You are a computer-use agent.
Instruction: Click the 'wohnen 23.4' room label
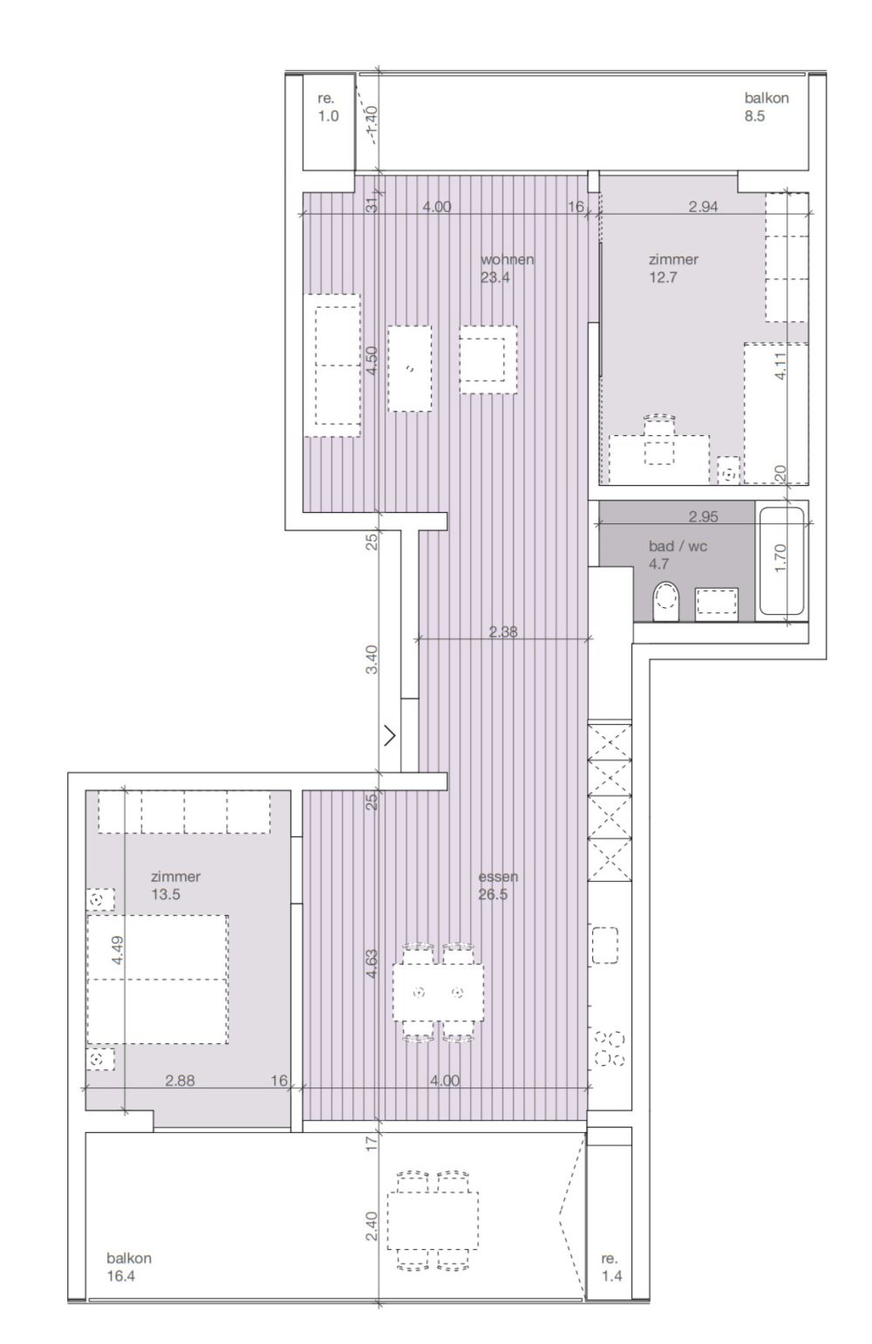(x=506, y=269)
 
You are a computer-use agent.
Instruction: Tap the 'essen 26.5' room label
(x=494, y=885)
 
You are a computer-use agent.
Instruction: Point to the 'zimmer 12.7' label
(x=673, y=269)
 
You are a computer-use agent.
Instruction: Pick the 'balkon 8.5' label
(x=766, y=107)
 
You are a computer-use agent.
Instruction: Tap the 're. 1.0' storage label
(x=327, y=107)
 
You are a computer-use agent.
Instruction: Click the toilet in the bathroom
(x=666, y=602)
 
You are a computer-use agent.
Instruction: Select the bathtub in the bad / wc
(x=782, y=560)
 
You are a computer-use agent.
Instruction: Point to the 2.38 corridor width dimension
(x=503, y=633)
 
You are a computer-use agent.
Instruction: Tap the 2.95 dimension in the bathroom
(x=703, y=516)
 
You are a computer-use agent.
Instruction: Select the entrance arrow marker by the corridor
(x=390, y=735)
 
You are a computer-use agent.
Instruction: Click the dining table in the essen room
(x=438, y=992)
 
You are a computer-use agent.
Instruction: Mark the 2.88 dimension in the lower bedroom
(x=180, y=1081)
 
